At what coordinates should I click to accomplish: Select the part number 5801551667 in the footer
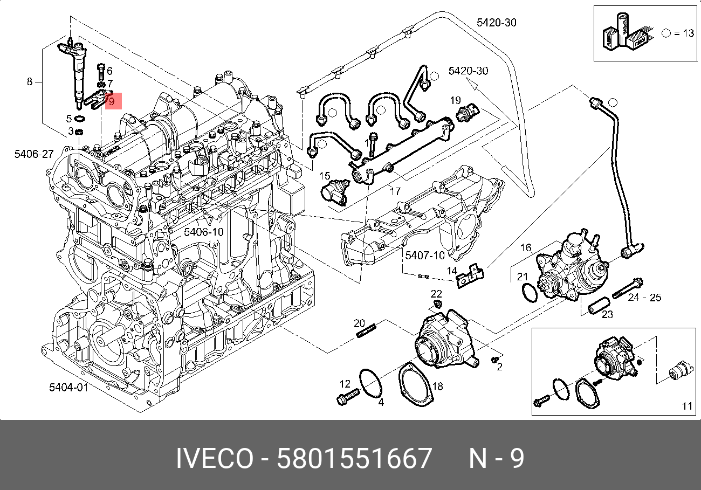pyautogui.click(x=354, y=459)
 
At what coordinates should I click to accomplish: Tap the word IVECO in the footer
pyautogui.click(x=214, y=459)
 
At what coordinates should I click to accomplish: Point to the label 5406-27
pyautogui.click(x=34, y=154)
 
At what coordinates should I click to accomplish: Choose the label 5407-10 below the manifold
pyautogui.click(x=425, y=255)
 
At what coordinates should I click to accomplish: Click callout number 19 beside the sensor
pyautogui.click(x=456, y=100)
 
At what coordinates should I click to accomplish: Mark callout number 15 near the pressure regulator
pyautogui.click(x=324, y=176)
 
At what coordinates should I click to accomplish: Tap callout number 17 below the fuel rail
pyautogui.click(x=395, y=190)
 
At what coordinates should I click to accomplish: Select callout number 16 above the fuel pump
pyautogui.click(x=525, y=248)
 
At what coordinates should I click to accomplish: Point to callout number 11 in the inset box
pyautogui.click(x=686, y=406)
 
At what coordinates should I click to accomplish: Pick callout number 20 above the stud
pyautogui.click(x=360, y=323)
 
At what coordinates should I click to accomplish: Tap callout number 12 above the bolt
pyautogui.click(x=345, y=384)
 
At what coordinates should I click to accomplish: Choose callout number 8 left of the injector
pyautogui.click(x=30, y=82)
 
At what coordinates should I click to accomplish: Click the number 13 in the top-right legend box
pyautogui.click(x=688, y=33)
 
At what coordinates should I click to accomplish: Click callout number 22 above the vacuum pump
pyautogui.click(x=436, y=293)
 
